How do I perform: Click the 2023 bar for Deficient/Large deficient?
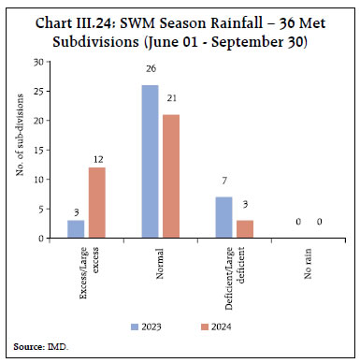[223, 217]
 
